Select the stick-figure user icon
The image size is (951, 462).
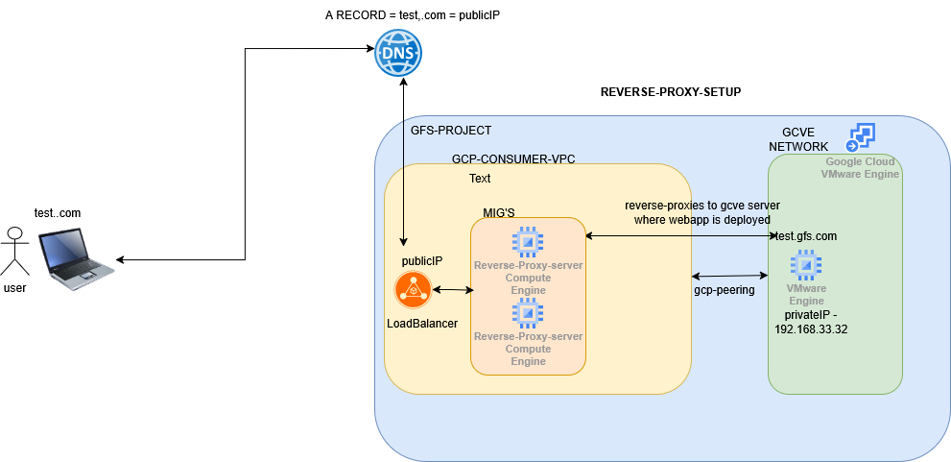[x=14, y=252]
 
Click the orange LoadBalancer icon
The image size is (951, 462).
[x=412, y=289]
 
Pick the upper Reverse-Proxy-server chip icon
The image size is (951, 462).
[x=528, y=242]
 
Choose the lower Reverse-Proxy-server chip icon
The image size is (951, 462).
[x=528, y=313]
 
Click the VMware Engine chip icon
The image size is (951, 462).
[x=805, y=264]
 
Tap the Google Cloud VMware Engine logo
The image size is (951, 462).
[x=860, y=137]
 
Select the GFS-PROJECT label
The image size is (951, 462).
[x=451, y=131]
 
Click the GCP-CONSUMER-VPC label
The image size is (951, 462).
[x=513, y=158]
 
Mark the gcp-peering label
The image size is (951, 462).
[x=725, y=289]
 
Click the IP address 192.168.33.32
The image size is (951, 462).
[x=810, y=328]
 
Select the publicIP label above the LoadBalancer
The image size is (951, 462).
[x=421, y=261]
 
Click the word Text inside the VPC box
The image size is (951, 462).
[x=480, y=179]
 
